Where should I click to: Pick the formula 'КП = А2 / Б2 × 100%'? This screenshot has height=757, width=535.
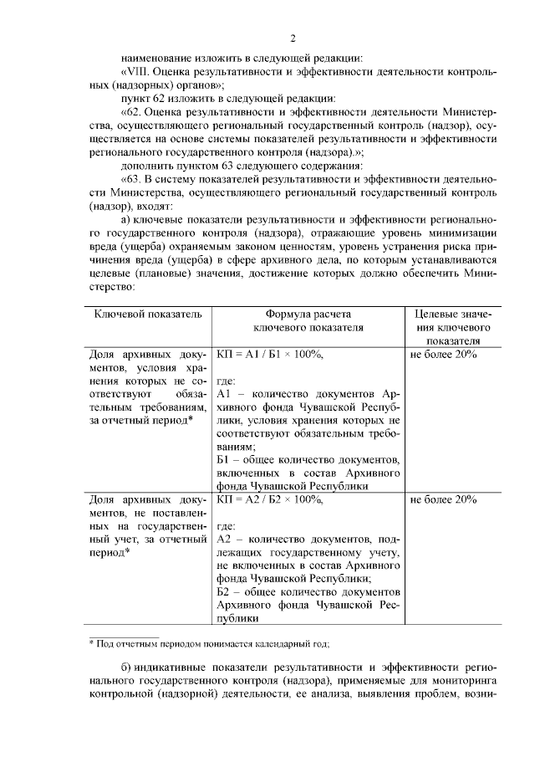(x=269, y=500)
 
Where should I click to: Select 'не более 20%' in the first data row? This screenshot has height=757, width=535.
(x=443, y=355)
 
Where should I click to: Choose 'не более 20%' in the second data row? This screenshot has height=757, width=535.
(x=443, y=500)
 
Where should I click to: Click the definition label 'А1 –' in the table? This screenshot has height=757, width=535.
(x=227, y=394)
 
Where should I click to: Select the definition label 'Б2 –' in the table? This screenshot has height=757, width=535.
(x=227, y=591)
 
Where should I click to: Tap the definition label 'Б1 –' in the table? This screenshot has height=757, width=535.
(x=226, y=460)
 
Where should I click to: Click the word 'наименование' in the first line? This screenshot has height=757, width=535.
(x=155, y=59)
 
